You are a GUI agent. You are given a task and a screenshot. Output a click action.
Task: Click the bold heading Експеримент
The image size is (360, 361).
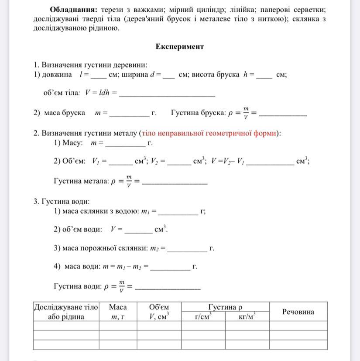pos(179,46)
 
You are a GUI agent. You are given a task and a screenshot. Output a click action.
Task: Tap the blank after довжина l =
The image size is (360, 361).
pos(99,76)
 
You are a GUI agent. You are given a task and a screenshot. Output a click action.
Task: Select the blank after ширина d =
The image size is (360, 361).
pos(168,76)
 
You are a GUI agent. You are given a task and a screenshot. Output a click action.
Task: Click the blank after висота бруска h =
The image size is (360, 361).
pos(264,76)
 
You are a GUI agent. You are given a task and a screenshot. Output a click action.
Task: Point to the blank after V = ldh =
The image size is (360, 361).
pos(167,94)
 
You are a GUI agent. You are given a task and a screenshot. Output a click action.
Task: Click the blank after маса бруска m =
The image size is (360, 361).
pos(129,114)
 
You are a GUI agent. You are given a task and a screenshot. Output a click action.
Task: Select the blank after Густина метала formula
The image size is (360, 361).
pos(175,182)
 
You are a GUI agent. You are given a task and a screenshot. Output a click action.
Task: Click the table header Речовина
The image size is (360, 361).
pos(298,312)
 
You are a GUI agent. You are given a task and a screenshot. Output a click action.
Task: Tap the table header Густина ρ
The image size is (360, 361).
pos(225,307)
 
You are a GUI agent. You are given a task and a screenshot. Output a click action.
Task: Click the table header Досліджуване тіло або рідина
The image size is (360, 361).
pos(66,312)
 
